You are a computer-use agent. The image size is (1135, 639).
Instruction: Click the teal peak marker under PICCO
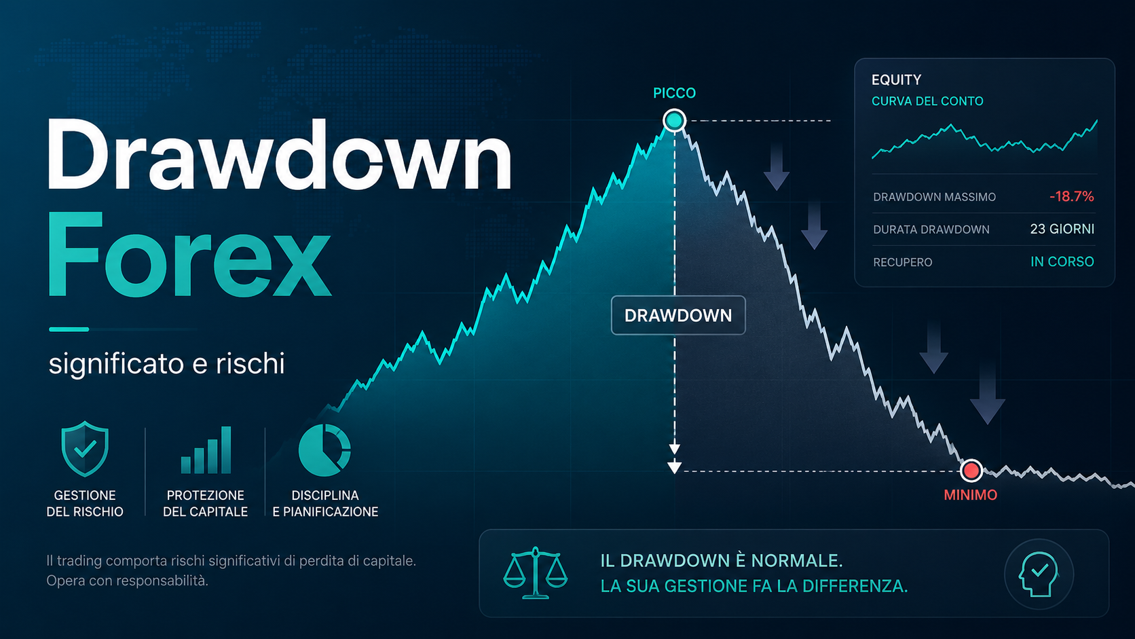point(674,121)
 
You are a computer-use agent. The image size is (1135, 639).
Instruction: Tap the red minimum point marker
point(971,471)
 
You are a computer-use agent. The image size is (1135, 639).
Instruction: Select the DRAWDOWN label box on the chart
point(678,315)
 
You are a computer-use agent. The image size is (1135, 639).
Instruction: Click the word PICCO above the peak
point(674,93)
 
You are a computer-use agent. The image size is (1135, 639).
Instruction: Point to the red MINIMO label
point(970,495)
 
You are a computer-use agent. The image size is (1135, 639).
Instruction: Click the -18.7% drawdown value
point(1071,197)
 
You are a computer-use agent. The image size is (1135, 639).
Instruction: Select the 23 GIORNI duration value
point(1062,229)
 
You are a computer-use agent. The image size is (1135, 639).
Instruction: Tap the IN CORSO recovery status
point(1062,262)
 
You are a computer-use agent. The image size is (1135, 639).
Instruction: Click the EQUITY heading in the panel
point(896,80)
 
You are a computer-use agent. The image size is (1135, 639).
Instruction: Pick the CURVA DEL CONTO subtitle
point(927,101)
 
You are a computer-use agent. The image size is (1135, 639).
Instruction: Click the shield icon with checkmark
point(85,449)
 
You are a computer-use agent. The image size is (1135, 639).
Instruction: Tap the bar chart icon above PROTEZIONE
point(206,450)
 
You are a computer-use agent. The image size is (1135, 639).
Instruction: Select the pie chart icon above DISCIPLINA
point(324,450)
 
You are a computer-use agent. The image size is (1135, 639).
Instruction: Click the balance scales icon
point(535,572)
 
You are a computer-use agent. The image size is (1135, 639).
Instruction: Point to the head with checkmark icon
point(1039,574)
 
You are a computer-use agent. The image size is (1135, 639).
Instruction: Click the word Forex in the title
point(189,255)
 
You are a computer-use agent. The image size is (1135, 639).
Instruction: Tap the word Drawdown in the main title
point(279,155)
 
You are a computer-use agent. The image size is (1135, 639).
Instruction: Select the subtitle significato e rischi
point(167,364)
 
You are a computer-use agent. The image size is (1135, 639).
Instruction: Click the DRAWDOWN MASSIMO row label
point(934,197)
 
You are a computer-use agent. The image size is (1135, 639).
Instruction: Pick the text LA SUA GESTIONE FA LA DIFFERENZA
point(754,586)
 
